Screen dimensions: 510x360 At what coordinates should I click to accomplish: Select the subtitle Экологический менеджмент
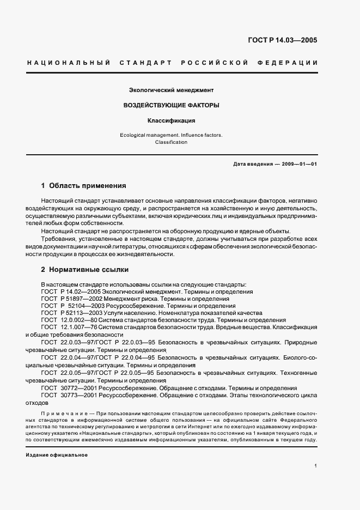tap(171, 89)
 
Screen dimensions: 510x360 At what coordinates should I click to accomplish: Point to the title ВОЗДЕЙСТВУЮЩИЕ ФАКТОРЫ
tap(171, 105)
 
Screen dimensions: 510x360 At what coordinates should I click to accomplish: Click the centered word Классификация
tap(171, 120)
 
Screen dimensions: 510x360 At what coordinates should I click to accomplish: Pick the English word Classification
tap(171, 142)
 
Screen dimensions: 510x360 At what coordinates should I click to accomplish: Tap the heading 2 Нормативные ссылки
tap(84, 270)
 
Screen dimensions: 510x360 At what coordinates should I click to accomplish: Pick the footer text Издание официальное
tap(56, 454)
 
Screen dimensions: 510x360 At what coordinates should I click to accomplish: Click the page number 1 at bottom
tap(315, 466)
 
